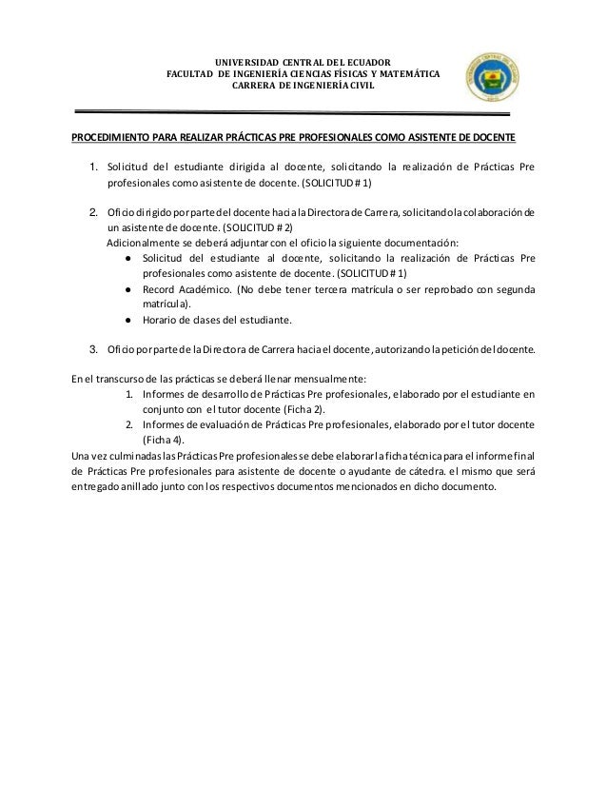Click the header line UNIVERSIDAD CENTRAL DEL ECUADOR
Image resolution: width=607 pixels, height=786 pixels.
[x=302, y=62]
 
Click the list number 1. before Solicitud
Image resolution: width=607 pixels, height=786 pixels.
[x=94, y=168]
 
